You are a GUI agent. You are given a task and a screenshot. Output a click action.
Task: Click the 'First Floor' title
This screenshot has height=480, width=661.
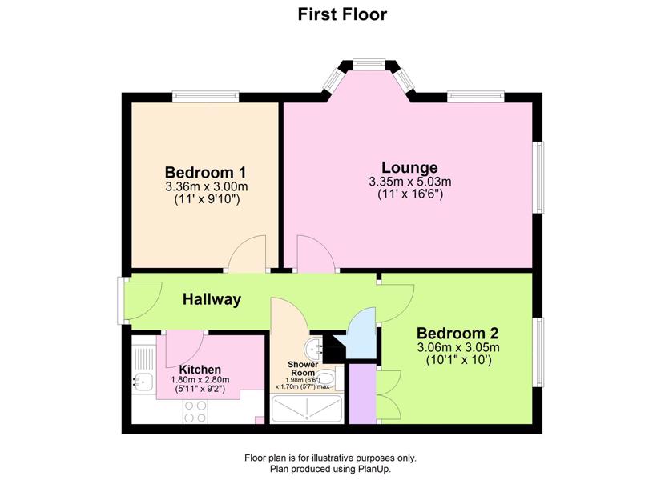point(342,14)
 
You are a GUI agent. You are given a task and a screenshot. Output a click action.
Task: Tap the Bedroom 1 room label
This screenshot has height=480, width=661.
point(206,172)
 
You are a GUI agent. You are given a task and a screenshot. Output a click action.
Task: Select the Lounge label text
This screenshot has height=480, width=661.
point(409,167)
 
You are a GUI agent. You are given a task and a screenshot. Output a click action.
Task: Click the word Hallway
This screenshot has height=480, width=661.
point(212,299)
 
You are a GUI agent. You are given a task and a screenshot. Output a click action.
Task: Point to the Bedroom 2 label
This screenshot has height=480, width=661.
point(457,334)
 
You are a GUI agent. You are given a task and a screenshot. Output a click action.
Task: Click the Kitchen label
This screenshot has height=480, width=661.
point(200,370)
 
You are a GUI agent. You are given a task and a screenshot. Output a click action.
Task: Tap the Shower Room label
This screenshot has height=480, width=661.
point(303,369)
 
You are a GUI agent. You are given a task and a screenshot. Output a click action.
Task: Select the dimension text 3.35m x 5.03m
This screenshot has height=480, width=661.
point(410,182)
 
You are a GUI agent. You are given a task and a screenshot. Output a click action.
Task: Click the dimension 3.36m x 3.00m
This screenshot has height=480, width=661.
point(207,186)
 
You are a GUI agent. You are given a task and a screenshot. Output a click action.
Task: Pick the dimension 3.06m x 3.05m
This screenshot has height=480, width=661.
point(458,348)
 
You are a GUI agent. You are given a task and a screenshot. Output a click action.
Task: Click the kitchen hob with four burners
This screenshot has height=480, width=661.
point(196,411)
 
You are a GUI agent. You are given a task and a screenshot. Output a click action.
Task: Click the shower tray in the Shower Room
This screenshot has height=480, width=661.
point(307,409)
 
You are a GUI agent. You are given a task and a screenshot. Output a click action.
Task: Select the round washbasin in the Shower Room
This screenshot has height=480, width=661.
point(313,346)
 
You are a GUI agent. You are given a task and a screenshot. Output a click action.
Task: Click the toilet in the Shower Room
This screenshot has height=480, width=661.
point(327,378)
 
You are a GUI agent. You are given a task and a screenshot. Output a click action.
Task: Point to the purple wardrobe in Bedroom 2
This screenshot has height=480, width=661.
point(362,394)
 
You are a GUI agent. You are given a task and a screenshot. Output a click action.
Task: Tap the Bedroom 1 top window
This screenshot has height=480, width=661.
point(205,97)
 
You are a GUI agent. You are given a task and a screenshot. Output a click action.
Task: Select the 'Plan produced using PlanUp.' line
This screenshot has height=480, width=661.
point(330,469)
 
